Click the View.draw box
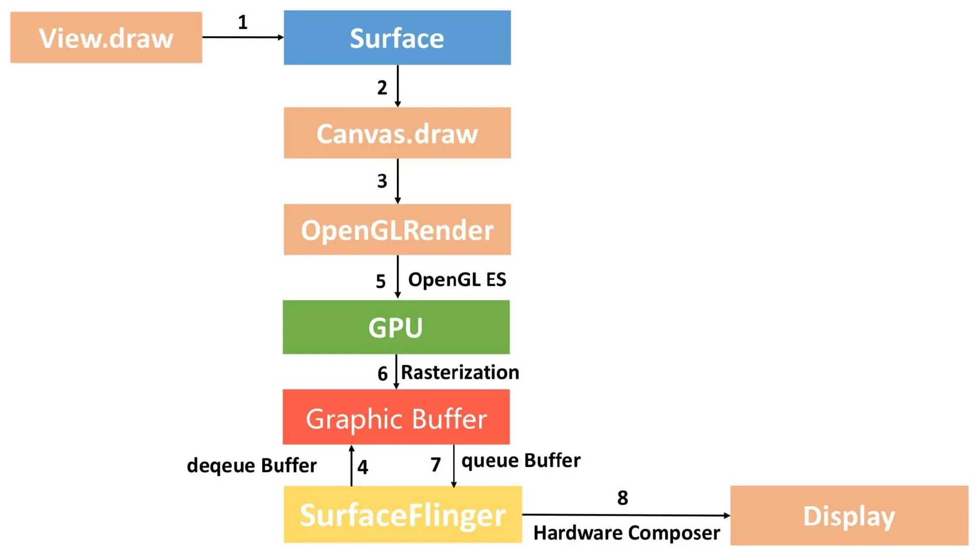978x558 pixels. point(106,38)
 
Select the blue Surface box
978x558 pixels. point(397,38)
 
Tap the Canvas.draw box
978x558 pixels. point(397,133)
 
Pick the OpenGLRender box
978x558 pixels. point(397,229)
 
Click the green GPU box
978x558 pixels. point(396,327)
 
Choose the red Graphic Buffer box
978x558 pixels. point(396,417)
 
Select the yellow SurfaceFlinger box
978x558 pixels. point(402,515)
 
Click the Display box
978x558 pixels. point(849,516)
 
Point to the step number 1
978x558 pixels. point(242,22)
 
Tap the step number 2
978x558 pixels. point(382,88)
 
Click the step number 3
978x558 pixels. point(382,181)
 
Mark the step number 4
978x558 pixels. point(363,467)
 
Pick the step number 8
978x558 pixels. point(622,498)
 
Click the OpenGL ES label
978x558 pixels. point(457,280)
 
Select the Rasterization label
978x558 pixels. point(460,373)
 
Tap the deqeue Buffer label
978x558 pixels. point(251,466)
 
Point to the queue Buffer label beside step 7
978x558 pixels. point(521,460)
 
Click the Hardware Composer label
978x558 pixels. point(626,533)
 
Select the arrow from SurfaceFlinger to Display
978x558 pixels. point(625,515)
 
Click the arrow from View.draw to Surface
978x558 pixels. point(242,37)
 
